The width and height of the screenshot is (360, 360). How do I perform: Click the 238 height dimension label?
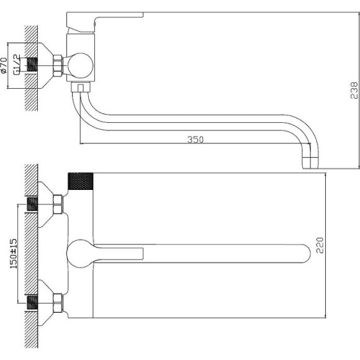click(x=354, y=90)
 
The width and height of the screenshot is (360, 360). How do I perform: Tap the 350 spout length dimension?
click(x=196, y=140)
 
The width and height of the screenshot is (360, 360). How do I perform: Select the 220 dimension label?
click(x=320, y=245)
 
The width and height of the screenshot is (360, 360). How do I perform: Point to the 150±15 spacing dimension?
click(x=13, y=253)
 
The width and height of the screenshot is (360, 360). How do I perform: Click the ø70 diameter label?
click(x=4, y=66)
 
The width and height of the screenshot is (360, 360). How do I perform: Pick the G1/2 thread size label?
click(x=17, y=65)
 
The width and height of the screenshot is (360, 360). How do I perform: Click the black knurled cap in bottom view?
click(x=81, y=181)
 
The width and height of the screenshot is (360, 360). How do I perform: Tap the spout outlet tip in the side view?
click(x=310, y=163)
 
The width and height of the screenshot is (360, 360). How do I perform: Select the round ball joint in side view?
click(x=81, y=65)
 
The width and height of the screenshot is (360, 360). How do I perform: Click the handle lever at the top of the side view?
click(x=105, y=22)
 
